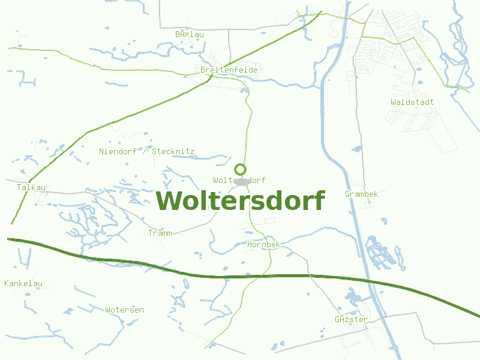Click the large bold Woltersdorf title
click(241, 200)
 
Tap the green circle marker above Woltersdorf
click(241, 169)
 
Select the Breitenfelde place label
click(229, 70)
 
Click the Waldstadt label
click(412, 102)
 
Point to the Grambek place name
click(361, 194)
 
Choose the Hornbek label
click(263, 245)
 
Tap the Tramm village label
click(160, 233)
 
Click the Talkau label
click(31, 187)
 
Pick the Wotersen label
click(124, 310)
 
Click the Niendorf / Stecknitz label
click(146, 151)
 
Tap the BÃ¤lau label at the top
click(190, 34)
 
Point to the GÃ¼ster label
click(351, 319)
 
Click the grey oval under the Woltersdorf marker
click(241, 181)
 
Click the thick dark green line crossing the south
click(180, 272)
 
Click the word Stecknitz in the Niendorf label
click(173, 151)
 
